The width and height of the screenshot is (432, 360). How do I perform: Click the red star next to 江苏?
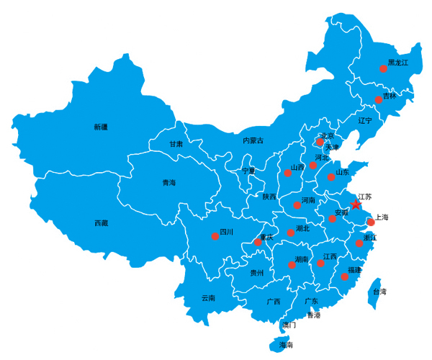coord(356,204)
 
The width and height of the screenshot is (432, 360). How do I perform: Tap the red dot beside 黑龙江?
coord(383,69)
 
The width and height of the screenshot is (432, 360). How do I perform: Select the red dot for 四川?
coord(215,236)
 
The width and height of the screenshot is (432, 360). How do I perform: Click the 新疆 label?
coord(100,127)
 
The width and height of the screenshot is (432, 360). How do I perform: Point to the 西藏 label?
coord(101,222)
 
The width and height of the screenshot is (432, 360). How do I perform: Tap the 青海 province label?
coord(168,183)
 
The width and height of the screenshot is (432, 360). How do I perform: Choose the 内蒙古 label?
coord(253,140)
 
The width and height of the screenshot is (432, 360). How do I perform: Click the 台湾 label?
coord(379,292)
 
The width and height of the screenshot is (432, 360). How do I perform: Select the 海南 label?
coord(286,346)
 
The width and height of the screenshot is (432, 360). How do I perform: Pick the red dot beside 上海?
coord(371,222)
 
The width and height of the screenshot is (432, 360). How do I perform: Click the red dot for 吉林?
coord(378,100)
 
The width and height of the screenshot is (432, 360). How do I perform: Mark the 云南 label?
coord(208,297)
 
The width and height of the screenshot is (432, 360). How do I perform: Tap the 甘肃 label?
coord(176,144)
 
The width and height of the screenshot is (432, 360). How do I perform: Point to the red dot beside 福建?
coord(344,276)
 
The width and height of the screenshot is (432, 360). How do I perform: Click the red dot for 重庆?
coord(258,243)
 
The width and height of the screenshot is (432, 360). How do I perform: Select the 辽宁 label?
coord(365,121)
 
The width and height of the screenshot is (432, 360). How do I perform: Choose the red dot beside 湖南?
coord(292,265)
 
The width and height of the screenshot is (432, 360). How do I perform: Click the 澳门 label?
coord(289,325)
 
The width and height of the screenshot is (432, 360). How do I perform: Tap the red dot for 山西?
coord(288,173)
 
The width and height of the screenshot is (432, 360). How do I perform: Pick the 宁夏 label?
coord(248,171)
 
